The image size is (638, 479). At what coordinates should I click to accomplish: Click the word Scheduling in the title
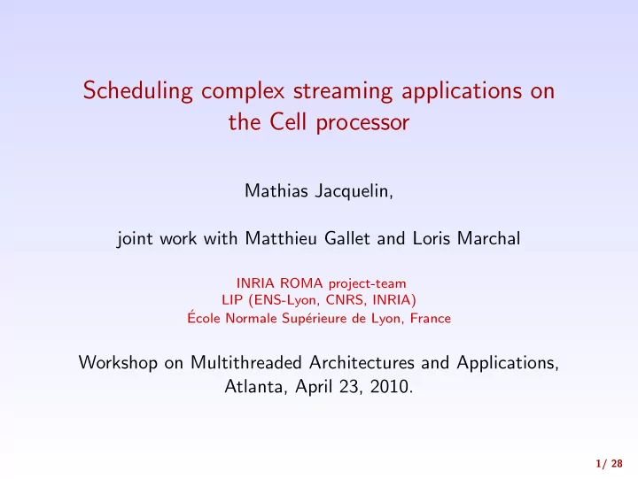click(138, 91)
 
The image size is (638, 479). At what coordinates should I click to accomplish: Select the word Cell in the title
click(288, 121)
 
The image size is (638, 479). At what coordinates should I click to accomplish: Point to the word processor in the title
click(362, 123)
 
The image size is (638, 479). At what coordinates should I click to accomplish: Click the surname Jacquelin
click(354, 191)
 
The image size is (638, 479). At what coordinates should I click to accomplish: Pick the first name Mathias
click(276, 190)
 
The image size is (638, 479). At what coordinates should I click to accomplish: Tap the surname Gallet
click(347, 238)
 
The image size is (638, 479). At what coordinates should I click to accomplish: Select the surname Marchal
click(488, 238)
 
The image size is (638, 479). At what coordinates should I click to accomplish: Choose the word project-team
click(368, 283)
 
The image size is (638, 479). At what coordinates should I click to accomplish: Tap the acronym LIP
click(232, 300)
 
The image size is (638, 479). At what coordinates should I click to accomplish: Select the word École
click(204, 317)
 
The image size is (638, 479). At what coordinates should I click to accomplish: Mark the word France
click(431, 318)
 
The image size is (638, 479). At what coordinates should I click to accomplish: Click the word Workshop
click(118, 362)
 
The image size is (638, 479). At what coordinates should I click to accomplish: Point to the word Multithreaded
click(246, 362)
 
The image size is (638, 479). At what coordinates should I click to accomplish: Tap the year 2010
click(392, 386)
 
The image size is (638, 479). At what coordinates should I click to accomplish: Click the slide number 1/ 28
click(609, 464)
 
